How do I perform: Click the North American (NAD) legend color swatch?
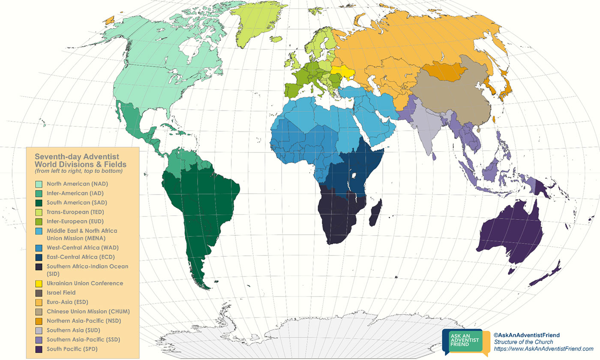(x=39, y=184)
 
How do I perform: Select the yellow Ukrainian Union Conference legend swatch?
(x=39, y=283)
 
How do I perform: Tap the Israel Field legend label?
(x=61, y=293)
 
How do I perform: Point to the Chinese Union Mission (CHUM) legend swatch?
(x=39, y=312)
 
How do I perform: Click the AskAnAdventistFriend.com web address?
(x=543, y=349)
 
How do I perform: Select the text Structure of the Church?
(x=523, y=342)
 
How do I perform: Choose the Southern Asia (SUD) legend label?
(x=68, y=330)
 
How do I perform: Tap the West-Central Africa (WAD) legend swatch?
(x=39, y=248)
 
